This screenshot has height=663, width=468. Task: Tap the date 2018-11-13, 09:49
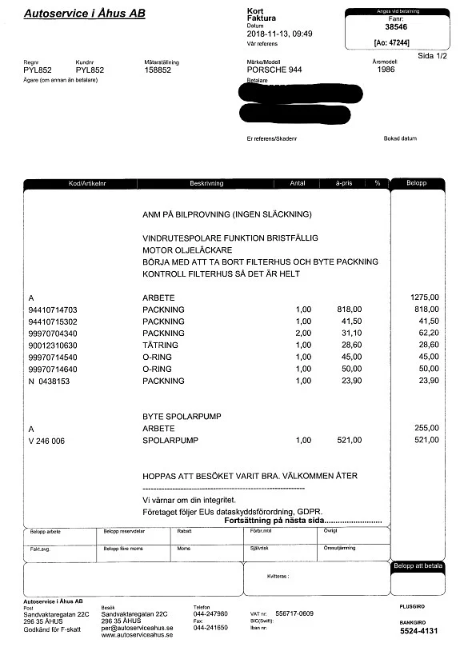point(281,34)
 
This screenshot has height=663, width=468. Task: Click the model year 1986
point(385,70)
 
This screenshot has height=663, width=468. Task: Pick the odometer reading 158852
point(158,70)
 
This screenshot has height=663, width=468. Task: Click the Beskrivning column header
point(206,183)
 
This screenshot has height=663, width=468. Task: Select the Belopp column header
point(416,183)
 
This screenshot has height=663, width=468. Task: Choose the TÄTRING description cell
point(160,345)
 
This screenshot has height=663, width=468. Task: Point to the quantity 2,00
point(303,333)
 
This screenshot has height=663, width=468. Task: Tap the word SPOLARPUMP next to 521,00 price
point(166,440)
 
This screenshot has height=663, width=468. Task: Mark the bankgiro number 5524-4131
point(419,631)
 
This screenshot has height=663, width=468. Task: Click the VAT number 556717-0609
point(294,613)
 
